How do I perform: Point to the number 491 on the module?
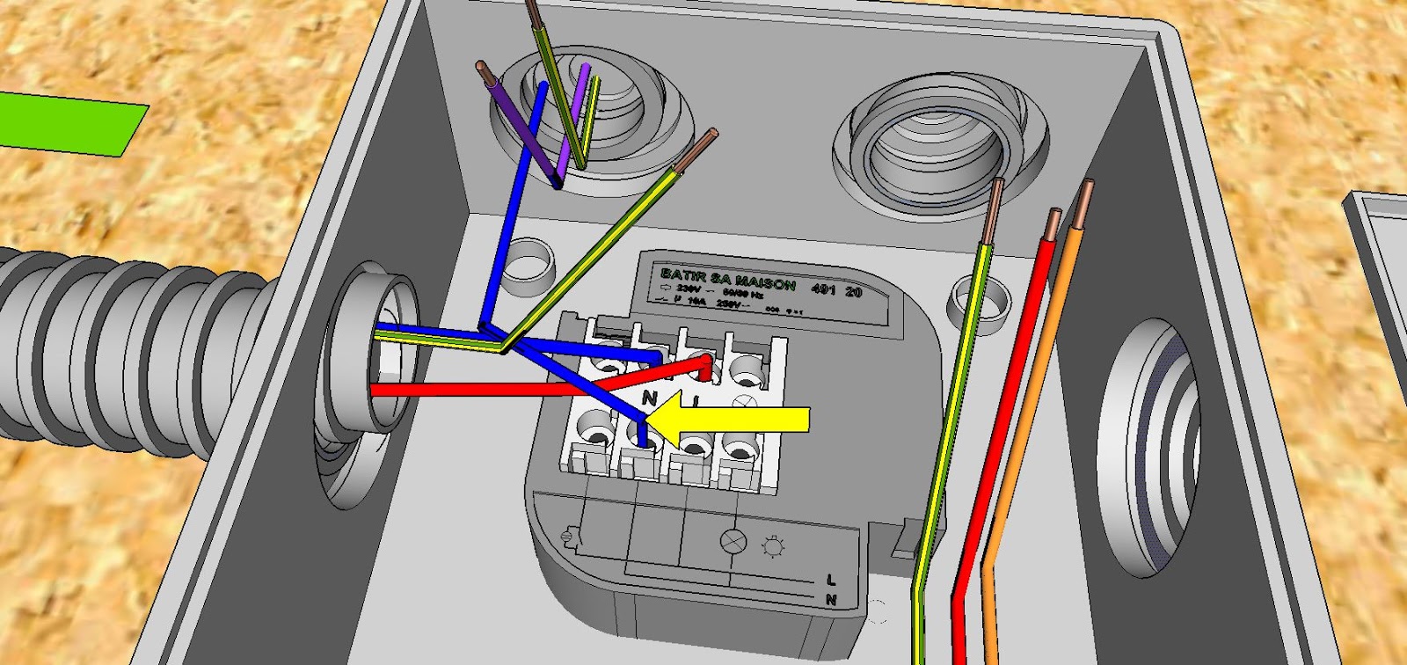coord(824,289)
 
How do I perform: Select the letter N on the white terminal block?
coord(650,398)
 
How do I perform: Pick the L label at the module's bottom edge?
coord(831,580)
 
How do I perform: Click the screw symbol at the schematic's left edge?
coord(569,534)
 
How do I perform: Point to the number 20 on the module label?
coord(853,292)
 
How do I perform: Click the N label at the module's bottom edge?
coord(830,600)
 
